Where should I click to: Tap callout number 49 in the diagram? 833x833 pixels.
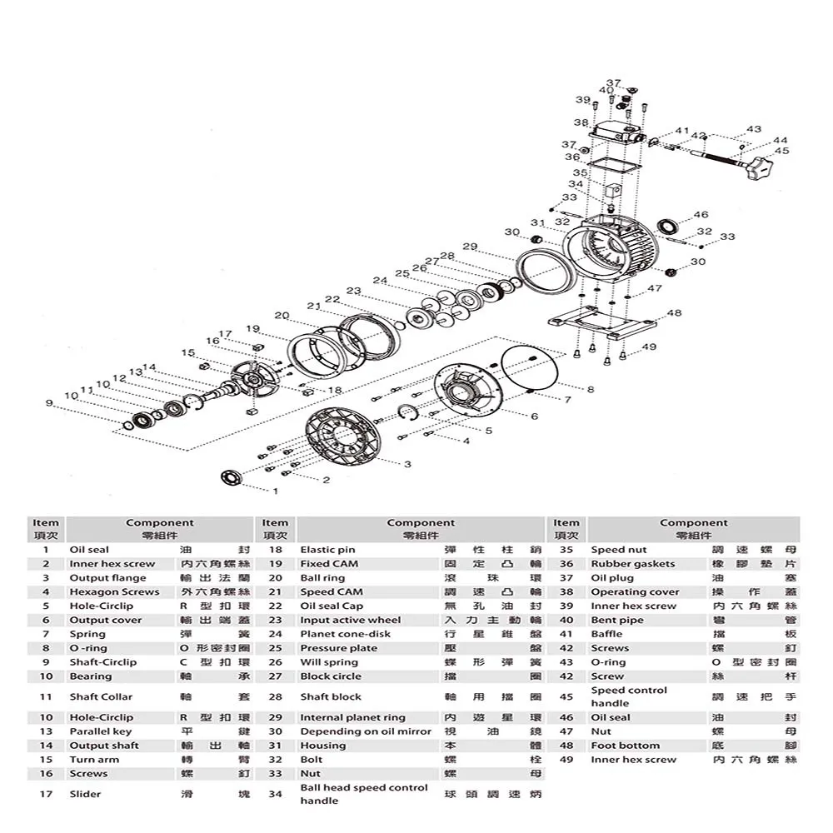coord(649,347)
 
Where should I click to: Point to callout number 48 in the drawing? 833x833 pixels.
coord(674,314)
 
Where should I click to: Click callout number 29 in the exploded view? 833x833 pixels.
coord(470,247)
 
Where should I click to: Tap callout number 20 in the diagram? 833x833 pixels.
coord(282,316)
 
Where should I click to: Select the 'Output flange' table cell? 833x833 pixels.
coord(107,578)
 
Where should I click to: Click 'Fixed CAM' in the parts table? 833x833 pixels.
coord(329,564)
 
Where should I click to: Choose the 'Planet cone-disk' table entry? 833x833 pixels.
coord(345,634)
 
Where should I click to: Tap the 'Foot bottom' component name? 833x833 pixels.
coord(625,746)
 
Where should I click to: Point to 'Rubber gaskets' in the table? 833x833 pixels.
coord(632,564)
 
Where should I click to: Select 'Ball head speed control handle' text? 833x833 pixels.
coord(364,794)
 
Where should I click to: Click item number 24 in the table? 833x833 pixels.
coord(275,634)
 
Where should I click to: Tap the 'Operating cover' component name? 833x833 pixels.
coord(635,592)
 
